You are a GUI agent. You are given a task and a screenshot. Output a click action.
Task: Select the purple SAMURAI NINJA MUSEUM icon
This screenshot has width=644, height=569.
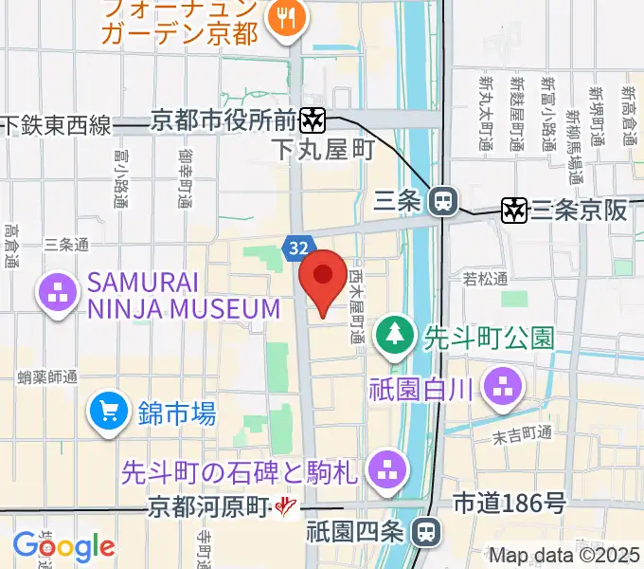(57, 294)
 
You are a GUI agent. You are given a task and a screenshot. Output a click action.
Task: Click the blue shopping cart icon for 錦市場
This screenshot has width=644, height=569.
(109, 412)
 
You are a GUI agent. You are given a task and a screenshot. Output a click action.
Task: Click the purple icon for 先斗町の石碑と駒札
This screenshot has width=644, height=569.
(385, 468)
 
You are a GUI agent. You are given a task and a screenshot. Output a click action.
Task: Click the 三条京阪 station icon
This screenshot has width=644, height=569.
(515, 211)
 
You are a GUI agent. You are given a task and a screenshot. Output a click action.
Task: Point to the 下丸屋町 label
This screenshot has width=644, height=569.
(322, 150)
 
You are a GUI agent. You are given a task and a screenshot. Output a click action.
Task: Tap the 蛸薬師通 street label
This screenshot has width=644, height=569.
(47, 377)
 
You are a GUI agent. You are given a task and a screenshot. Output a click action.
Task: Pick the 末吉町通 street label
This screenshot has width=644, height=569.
(523, 433)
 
